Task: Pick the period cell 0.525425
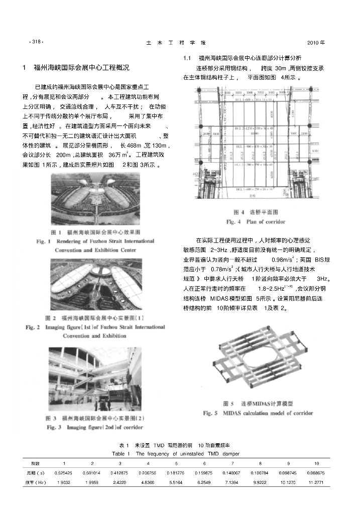click(x=64, y=473)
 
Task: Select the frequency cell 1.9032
click(x=64, y=482)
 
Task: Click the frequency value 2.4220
click(x=120, y=482)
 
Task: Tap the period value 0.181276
click(x=176, y=473)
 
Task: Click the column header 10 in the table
click(x=316, y=463)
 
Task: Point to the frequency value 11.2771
click(x=316, y=482)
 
